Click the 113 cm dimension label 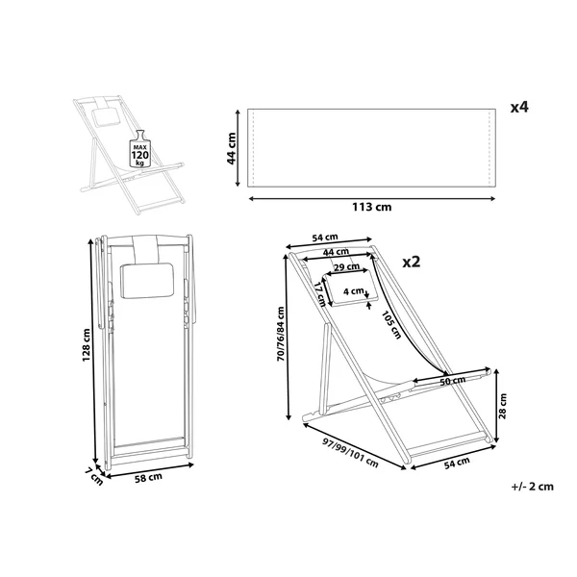371,207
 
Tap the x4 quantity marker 519,107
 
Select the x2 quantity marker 411,262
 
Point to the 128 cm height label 87,345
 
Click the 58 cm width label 149,478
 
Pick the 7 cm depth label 94,477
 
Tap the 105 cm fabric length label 390,325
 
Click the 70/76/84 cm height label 281,334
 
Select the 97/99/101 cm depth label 350,453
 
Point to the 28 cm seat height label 503,406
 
